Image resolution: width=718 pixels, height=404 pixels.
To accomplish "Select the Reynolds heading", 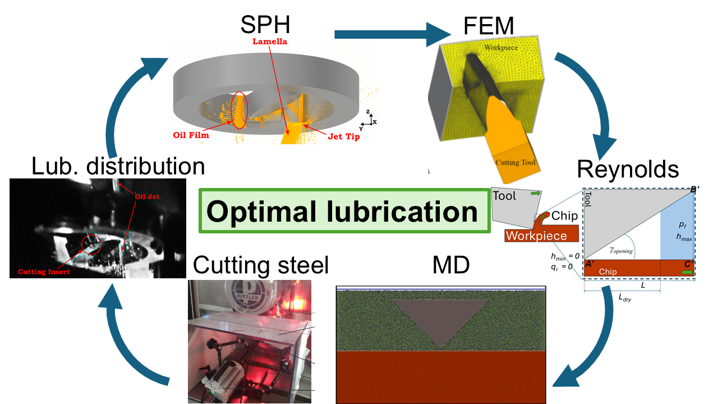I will pyautogui.click(x=628, y=169).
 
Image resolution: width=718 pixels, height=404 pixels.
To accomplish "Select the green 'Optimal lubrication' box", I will pyautogui.click(x=343, y=211).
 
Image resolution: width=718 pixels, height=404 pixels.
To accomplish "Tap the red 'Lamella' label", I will pyautogui.click(x=268, y=42).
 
